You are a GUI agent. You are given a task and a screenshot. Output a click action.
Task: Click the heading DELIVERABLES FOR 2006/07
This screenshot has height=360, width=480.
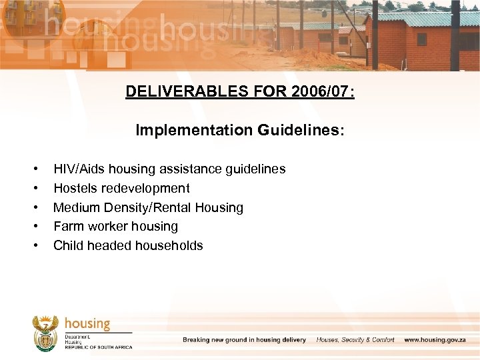tap(240, 91)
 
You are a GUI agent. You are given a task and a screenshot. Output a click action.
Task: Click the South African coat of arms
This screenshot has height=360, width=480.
tap(45, 333)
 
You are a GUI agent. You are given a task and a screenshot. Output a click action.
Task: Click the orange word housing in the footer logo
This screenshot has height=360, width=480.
tap(87, 324)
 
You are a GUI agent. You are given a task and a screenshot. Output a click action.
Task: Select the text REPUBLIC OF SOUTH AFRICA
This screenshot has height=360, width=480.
tap(99, 347)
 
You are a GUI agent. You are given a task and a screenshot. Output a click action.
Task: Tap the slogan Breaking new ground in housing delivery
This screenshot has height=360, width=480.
tap(245, 340)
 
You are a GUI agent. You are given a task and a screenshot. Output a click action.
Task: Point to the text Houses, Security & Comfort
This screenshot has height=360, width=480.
tap(355, 340)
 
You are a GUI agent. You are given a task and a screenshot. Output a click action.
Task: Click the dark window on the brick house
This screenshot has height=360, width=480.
tap(421, 39)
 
